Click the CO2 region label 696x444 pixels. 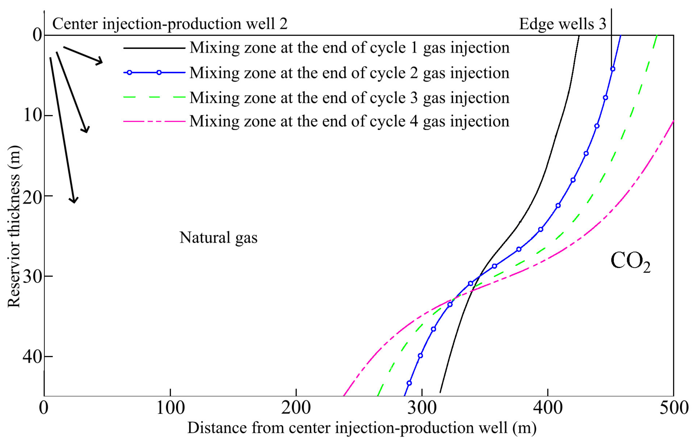(630, 262)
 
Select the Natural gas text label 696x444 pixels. (218, 238)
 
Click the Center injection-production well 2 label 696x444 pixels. (170, 24)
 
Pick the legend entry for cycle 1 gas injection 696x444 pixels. (349, 48)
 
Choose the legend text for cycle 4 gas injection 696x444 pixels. (349, 121)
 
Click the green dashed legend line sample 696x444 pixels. (154, 97)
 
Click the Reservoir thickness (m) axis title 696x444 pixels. (14, 227)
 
